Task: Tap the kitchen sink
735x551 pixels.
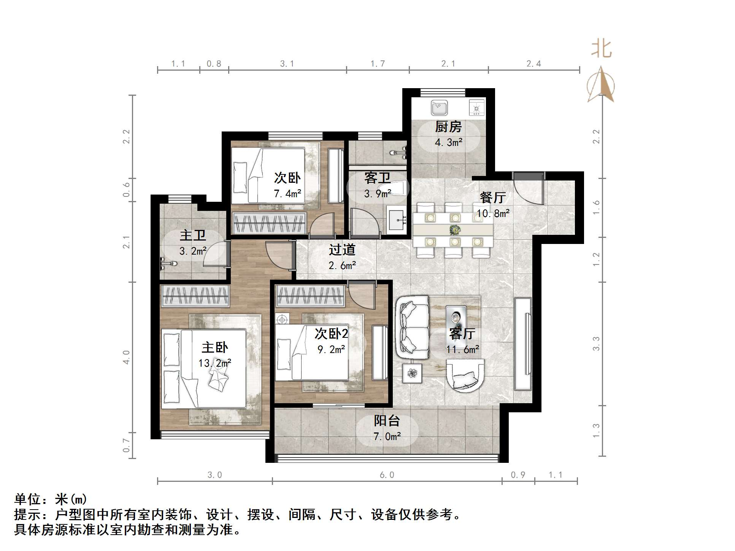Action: (x=439, y=108)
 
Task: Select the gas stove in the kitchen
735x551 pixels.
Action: (x=476, y=107)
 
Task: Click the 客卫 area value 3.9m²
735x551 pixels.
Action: (x=377, y=194)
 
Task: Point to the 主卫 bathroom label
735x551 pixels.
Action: (x=193, y=235)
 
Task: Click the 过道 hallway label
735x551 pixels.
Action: (x=342, y=250)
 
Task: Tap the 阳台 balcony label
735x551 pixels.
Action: (x=387, y=421)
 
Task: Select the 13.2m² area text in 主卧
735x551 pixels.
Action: (x=214, y=363)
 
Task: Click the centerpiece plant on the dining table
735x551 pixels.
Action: (x=454, y=230)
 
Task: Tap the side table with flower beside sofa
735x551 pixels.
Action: (x=412, y=373)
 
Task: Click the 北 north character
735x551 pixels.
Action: (x=601, y=49)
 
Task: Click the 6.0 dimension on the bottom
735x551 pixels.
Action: (x=387, y=475)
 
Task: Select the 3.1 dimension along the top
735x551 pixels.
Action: (x=287, y=64)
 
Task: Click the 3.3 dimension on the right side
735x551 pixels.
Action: (x=596, y=344)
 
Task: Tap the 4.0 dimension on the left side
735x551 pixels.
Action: (x=126, y=357)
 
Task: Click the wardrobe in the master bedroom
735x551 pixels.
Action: (x=195, y=296)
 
